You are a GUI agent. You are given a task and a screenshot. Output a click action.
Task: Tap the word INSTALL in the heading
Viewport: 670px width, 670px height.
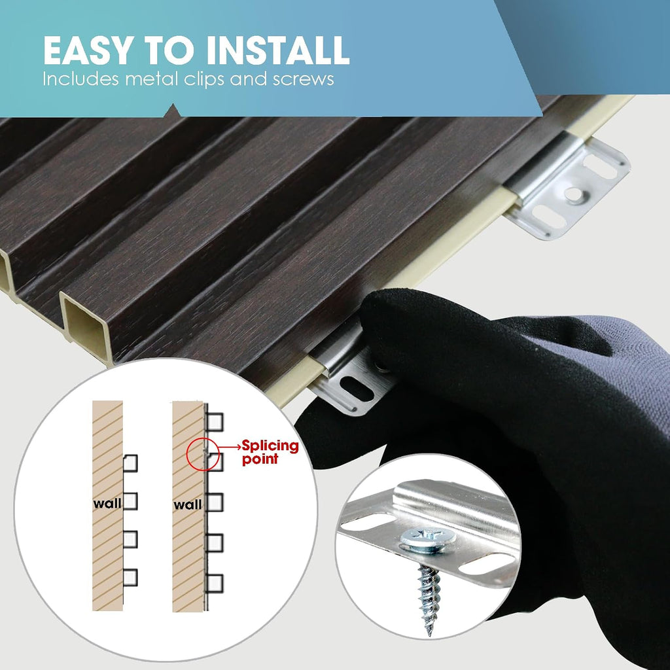click(277, 50)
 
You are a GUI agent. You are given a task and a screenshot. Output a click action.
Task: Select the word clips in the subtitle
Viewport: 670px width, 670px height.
click(203, 80)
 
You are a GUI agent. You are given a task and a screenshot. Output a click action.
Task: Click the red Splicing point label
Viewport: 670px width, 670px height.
click(270, 452)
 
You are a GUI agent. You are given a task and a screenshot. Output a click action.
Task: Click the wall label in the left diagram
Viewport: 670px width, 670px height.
click(107, 503)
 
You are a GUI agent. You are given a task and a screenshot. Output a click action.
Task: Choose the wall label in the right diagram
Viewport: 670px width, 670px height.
click(187, 505)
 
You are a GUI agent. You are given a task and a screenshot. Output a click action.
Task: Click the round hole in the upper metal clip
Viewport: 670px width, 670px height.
click(573, 194)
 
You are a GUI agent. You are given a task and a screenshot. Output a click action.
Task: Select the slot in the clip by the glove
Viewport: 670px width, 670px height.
click(356, 387)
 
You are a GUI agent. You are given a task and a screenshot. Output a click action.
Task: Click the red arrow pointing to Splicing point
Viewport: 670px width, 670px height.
click(230, 447)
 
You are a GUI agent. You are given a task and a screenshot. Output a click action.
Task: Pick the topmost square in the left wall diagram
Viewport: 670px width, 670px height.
click(130, 463)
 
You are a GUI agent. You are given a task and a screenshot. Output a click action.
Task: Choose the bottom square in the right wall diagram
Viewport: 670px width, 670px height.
click(215, 584)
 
